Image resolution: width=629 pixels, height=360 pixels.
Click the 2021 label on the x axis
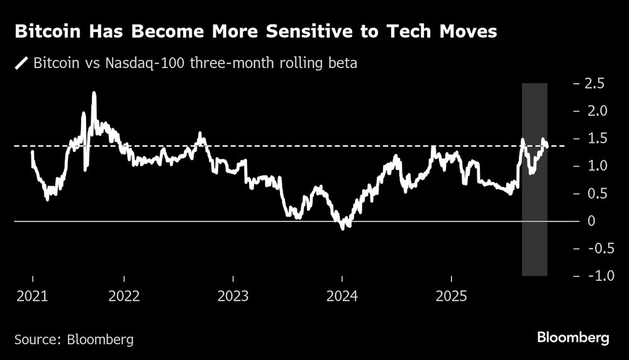[x=32, y=296]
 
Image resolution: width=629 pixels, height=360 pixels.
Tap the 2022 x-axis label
[x=124, y=296]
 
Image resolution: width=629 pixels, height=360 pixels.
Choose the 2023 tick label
[x=233, y=296]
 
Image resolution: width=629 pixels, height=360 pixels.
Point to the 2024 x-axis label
[x=342, y=296]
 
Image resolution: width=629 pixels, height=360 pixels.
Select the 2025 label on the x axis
[x=451, y=296]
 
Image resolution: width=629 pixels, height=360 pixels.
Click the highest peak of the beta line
[x=94, y=93]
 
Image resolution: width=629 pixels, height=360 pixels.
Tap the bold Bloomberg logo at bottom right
[x=573, y=338]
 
